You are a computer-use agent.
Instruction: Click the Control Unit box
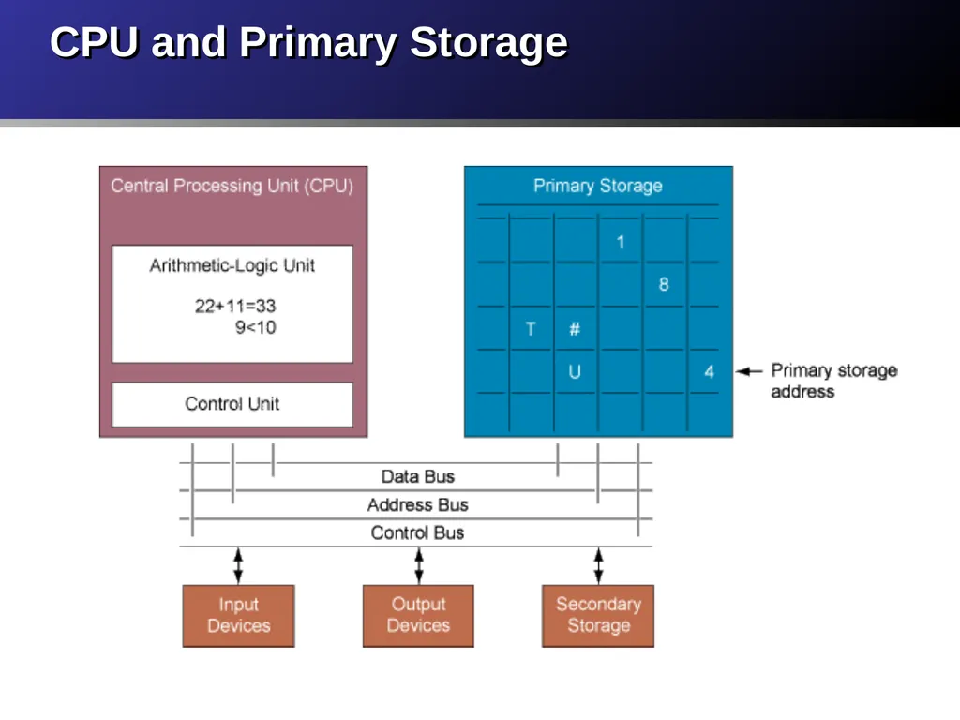click(232, 404)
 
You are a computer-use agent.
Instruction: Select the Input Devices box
click(238, 615)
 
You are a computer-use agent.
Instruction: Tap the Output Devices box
click(418, 615)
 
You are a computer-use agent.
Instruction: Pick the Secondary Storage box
click(598, 615)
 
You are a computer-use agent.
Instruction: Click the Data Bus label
click(417, 476)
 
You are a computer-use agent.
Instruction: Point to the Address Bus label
click(417, 504)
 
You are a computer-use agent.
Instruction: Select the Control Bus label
click(417, 532)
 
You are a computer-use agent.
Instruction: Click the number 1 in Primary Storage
click(621, 242)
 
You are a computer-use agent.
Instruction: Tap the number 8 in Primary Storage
click(664, 284)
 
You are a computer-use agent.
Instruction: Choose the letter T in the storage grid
click(531, 329)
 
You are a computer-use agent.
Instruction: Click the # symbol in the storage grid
click(575, 329)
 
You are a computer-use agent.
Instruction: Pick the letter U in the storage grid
click(575, 371)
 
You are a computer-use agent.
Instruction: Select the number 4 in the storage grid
click(709, 371)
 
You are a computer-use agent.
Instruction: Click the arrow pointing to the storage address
click(749, 371)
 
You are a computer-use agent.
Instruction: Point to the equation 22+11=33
click(235, 306)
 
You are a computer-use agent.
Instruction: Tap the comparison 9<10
click(255, 327)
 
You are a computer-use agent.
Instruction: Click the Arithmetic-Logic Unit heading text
click(232, 265)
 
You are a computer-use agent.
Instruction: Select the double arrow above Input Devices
click(238, 565)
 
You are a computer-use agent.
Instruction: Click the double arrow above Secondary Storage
click(598, 565)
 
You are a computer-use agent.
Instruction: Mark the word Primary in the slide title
click(318, 43)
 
